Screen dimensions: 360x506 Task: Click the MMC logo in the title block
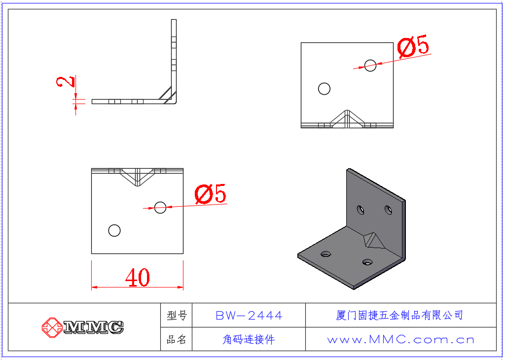[83, 326]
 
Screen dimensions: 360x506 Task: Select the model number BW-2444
[249, 315]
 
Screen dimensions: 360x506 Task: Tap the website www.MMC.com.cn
[400, 339]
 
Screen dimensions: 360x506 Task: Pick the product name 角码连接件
[249, 339]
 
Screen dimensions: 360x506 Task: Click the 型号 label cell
[177, 315]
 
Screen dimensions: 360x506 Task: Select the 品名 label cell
[177, 339]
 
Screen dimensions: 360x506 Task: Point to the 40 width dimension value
[138, 278]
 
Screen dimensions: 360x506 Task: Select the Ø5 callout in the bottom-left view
[211, 194]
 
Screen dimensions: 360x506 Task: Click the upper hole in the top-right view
[370, 65]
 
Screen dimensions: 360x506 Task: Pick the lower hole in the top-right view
[324, 89]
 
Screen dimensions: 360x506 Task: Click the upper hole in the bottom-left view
[160, 208]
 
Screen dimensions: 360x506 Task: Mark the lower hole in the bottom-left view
[114, 230]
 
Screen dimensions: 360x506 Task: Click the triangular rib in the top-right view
[348, 119]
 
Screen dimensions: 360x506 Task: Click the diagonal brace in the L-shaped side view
[166, 94]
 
